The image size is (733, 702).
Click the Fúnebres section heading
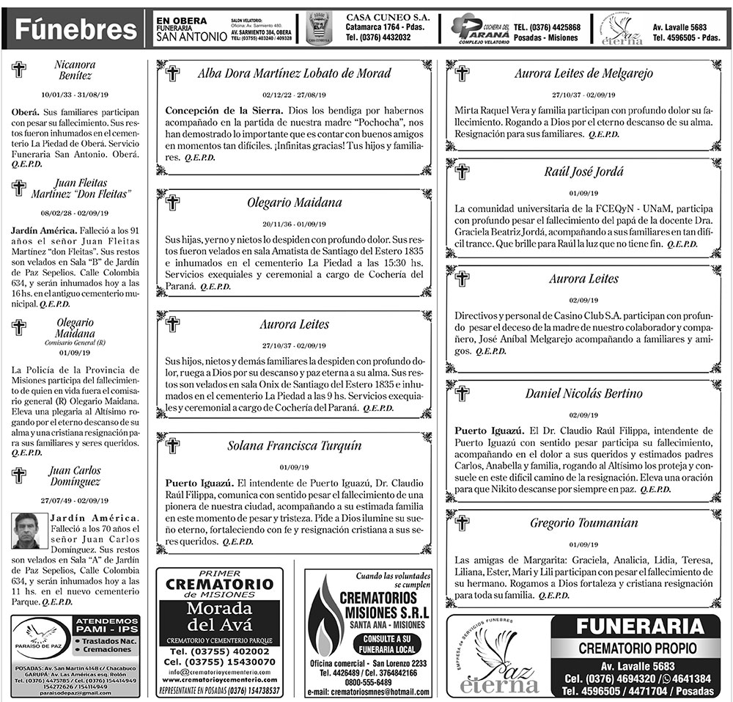(76, 30)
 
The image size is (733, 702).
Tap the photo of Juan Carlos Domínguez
(26, 530)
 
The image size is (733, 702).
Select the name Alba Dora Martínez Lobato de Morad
(294, 73)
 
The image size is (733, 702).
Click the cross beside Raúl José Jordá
(462, 172)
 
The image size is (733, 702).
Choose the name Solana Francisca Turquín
(294, 446)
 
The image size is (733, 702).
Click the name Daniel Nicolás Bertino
(583, 394)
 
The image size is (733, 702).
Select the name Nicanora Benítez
(75, 70)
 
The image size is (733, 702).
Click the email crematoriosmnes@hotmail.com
(368, 692)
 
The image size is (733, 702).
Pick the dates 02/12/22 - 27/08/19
(294, 95)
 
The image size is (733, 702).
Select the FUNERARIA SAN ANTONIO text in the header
(187, 30)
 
